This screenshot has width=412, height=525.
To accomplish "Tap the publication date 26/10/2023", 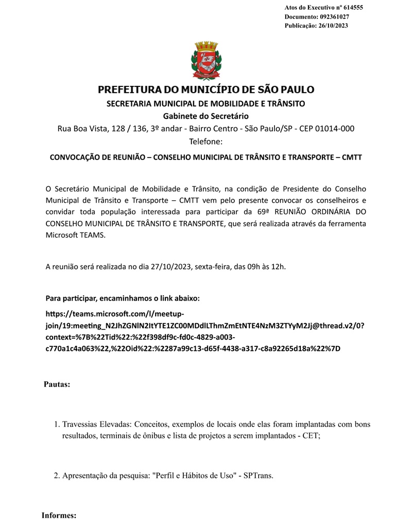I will point(333,26).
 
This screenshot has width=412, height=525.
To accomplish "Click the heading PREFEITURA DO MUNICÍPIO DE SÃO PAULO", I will point(206,90).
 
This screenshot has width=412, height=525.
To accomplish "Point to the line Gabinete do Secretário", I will point(206,116).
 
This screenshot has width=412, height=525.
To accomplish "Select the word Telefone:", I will point(206,141).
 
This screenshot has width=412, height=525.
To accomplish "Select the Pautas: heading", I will point(57,384).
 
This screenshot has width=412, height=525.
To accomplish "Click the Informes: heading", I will point(59,515).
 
